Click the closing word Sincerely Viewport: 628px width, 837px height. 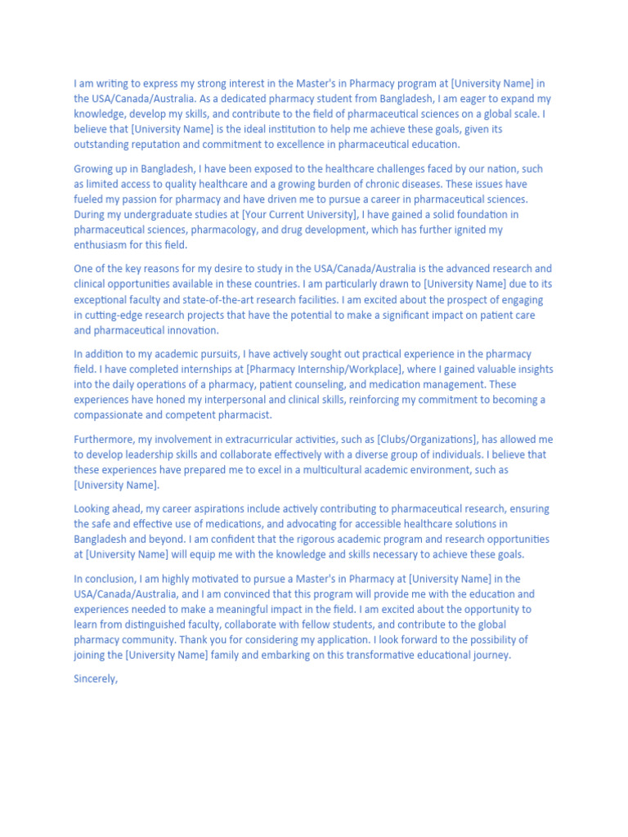coord(96,678)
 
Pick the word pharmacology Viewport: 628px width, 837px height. coord(244,230)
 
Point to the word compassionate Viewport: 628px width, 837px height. coord(111,415)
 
